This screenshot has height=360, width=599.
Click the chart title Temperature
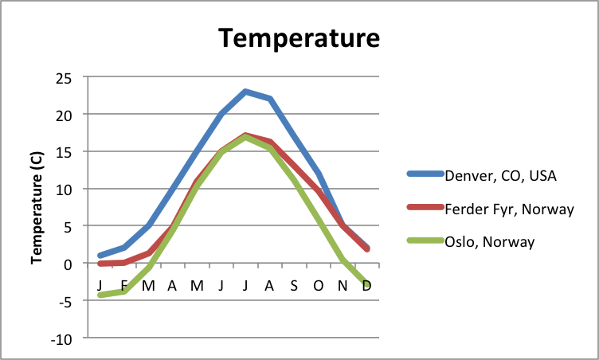(299, 37)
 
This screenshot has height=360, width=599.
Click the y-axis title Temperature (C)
(37, 208)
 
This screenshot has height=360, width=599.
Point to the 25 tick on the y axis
(63, 77)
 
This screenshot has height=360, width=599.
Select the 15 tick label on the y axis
(63, 152)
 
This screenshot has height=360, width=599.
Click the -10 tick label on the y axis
(60, 338)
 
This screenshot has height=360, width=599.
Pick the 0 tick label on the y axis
(67, 264)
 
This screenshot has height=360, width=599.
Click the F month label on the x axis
(123, 285)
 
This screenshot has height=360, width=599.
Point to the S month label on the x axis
(294, 285)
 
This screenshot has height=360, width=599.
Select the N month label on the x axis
(343, 285)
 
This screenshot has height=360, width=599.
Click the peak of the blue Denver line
(245, 92)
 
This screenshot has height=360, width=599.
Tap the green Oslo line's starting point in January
(100, 295)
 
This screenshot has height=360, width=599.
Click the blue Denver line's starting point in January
(100, 256)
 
